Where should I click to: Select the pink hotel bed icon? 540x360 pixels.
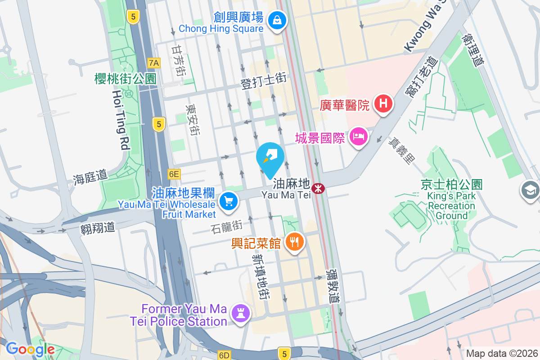pos(359,135)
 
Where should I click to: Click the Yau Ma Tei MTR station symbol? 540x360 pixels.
pos(318,188)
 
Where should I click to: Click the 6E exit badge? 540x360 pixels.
pos(174,174)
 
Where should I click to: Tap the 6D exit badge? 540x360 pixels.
pos(224,355)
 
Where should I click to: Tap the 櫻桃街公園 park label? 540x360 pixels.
pos(125,79)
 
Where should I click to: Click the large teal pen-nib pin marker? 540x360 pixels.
pos(270,157)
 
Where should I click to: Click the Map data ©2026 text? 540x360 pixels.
pos(501,354)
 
